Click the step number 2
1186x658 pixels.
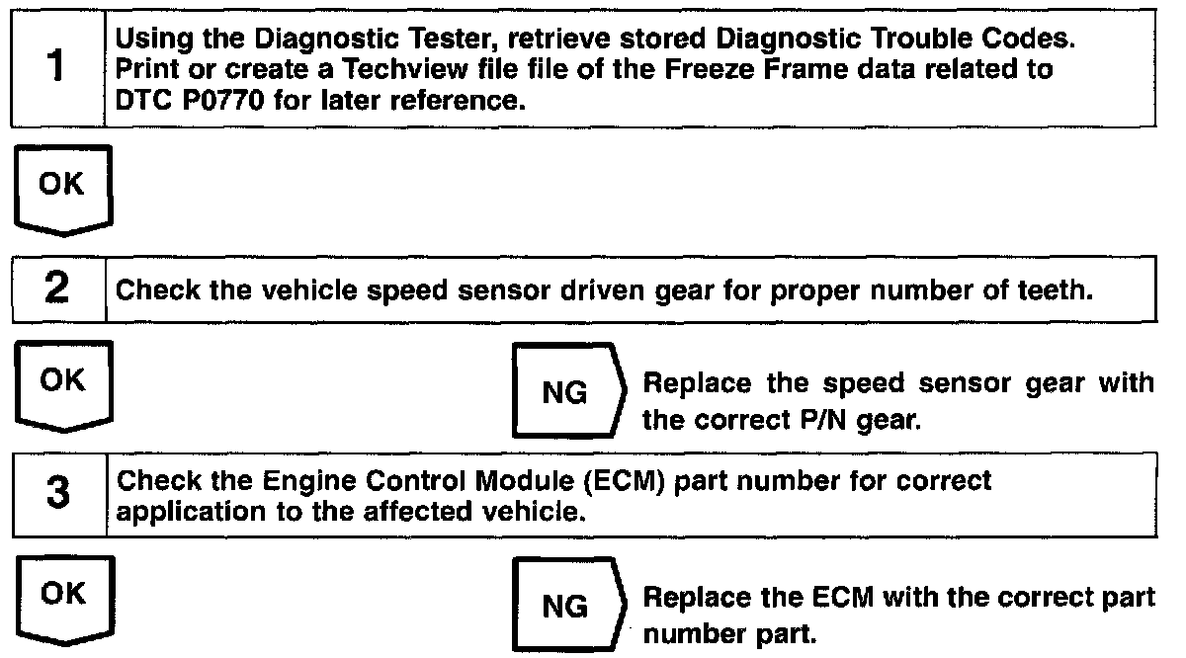pos(57,288)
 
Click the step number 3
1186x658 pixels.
pos(58,492)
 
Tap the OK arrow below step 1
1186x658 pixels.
pos(63,191)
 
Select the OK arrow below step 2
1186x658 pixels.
pos(64,386)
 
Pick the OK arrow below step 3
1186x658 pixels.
pos(65,601)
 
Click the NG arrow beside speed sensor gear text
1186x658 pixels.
pos(569,390)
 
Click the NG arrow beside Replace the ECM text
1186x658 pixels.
pos(569,605)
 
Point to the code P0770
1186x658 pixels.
pos(223,100)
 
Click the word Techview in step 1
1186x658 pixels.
pos(404,69)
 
